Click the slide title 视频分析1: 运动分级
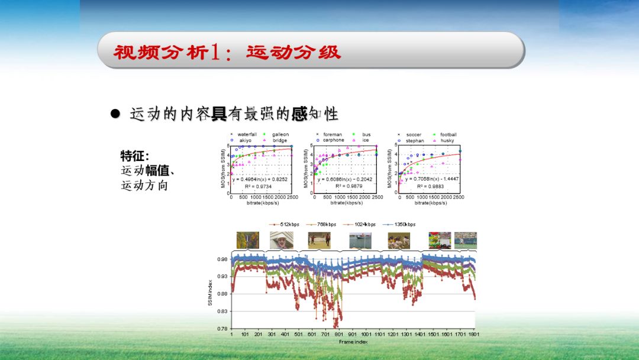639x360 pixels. tap(227, 52)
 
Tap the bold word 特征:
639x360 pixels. tap(135, 156)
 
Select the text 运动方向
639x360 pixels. tap(144, 186)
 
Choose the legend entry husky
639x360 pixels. tap(447, 141)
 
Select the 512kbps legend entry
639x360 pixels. tap(286, 224)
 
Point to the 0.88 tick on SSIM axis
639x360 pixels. tap(221, 294)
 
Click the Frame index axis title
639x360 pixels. tap(353, 342)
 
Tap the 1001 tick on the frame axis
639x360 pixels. tap(366, 335)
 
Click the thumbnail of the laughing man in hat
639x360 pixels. tap(282, 240)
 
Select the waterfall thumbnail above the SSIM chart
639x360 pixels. tap(244, 240)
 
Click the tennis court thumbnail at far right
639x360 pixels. tap(466, 240)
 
